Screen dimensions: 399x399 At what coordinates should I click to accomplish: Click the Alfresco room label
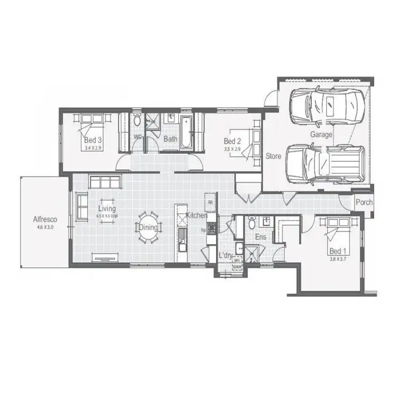45,219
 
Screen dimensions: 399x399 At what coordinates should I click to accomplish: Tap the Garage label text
321,135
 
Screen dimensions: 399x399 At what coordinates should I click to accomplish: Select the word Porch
364,203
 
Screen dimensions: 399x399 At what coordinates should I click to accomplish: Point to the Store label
273,156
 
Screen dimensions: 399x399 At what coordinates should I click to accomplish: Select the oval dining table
148,227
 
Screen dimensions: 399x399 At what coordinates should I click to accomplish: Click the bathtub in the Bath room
186,131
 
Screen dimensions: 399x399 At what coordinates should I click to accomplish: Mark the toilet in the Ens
252,224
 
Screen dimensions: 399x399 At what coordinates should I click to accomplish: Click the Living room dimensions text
107,217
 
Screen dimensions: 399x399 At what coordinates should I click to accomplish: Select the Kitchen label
196,215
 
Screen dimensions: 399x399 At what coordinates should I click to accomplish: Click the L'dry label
226,255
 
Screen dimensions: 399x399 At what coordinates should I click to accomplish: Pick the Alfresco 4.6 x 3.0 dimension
45,227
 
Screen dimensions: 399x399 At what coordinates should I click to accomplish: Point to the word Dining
148,228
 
